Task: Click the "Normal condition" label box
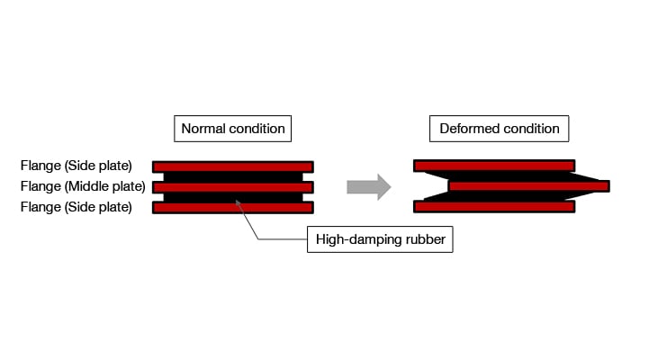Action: [233, 129]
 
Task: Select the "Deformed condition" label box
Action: [500, 129]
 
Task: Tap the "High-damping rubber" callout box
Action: [380, 240]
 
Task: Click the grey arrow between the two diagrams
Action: [368, 187]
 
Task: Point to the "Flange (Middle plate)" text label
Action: [82, 186]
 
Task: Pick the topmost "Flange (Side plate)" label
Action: [77, 166]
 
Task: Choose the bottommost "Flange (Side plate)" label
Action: [77, 207]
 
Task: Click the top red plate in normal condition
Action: [233, 166]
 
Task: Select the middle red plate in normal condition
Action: [233, 187]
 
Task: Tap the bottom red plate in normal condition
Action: [233, 207]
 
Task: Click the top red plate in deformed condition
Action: [493, 166]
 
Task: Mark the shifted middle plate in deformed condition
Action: [528, 186]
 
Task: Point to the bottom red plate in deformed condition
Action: [493, 206]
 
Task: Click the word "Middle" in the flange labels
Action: [86, 186]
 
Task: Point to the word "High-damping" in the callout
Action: [357, 240]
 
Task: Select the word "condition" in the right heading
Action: [530, 129]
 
